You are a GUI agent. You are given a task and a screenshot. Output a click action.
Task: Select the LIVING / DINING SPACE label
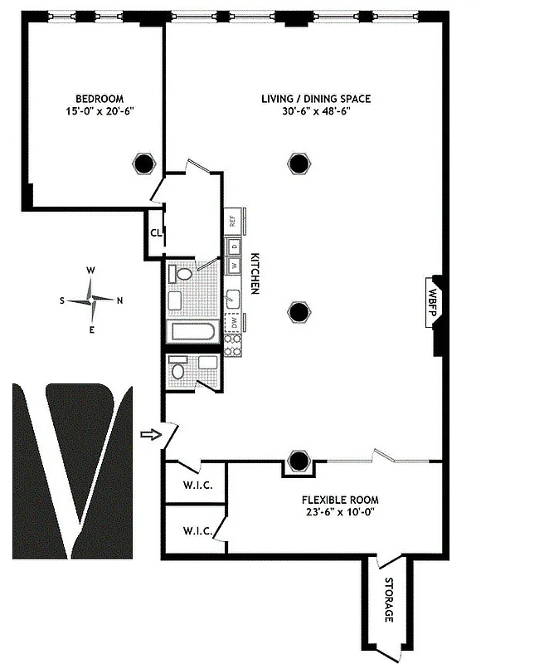point(316,99)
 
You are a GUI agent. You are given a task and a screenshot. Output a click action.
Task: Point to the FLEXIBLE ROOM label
point(340,500)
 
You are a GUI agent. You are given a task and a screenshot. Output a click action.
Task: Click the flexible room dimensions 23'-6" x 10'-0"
point(340,513)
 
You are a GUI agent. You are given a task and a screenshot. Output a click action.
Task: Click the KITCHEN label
point(255,273)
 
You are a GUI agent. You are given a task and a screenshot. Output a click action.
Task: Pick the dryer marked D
point(234,247)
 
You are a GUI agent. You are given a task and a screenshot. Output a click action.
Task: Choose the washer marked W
point(234,266)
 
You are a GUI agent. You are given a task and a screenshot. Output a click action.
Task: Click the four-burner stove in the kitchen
point(233,344)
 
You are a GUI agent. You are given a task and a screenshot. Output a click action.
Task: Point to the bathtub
point(192,333)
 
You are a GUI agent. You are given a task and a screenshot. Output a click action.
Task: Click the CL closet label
point(156,232)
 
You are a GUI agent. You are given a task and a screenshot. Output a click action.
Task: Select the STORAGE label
point(387,603)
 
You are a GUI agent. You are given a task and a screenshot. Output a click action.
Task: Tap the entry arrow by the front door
point(149,434)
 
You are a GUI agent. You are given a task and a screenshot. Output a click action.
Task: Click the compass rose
point(92,300)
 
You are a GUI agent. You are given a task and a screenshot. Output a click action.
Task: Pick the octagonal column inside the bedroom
point(143,163)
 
